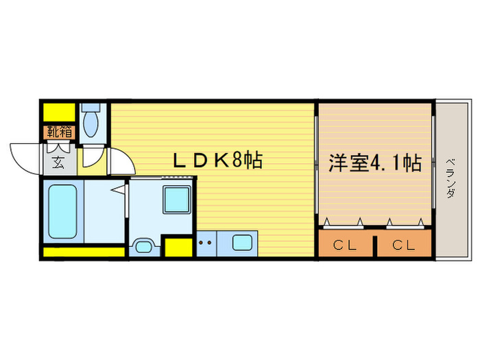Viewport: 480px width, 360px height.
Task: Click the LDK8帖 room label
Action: pyautogui.click(x=217, y=163)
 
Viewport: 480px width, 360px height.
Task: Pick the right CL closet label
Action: pyautogui.click(x=404, y=245)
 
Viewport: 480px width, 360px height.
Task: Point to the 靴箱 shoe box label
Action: pyautogui.click(x=59, y=132)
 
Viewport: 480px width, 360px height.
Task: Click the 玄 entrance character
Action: pyautogui.click(x=59, y=163)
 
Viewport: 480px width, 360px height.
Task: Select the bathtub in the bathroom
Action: pyautogui.click(x=62, y=211)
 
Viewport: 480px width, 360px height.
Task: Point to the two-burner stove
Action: pyautogui.click(x=205, y=243)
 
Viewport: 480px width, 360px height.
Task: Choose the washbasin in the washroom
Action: pyautogui.click(x=144, y=245)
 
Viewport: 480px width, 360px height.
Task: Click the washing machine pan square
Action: pyautogui.click(x=176, y=202)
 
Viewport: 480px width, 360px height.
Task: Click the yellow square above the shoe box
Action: pyautogui.click(x=60, y=112)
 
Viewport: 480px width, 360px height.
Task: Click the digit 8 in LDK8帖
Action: pyautogui.click(x=236, y=163)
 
